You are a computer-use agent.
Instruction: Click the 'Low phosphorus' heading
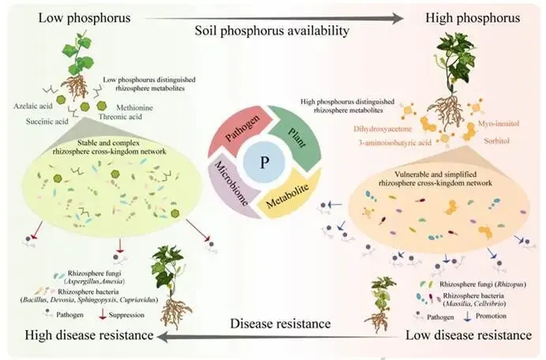click(57, 17)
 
